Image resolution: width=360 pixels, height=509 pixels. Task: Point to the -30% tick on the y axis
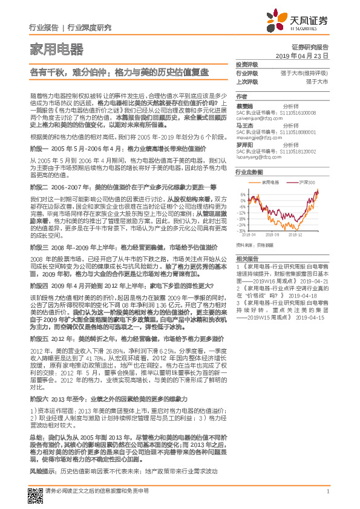pyautogui.click(x=242, y=230)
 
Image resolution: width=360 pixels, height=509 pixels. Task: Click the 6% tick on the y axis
pyautogui.click(x=243, y=194)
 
